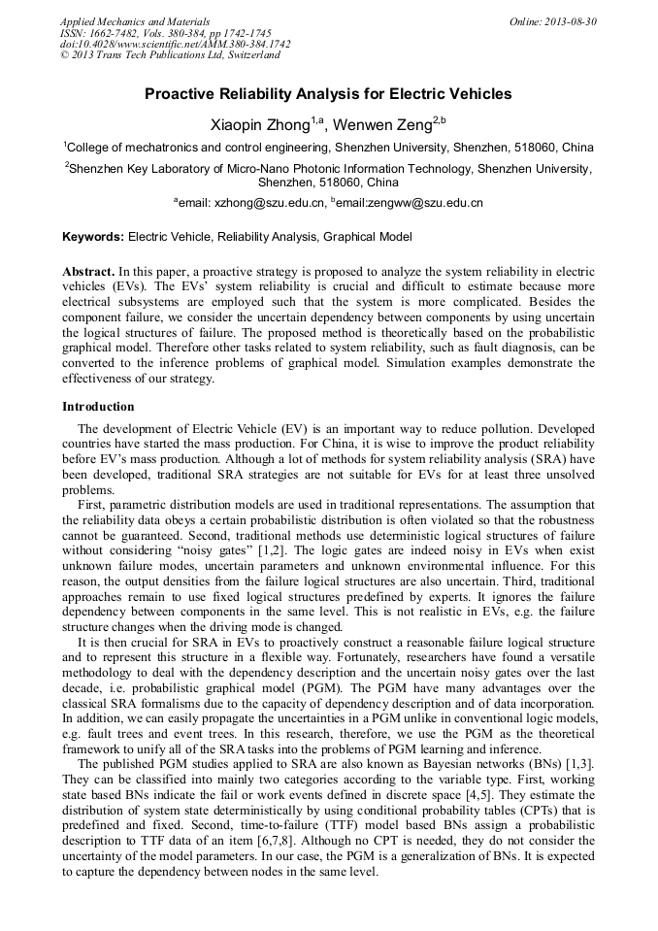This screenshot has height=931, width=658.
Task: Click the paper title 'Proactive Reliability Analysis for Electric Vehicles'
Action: point(328,94)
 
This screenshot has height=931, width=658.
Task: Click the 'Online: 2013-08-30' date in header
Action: point(552,20)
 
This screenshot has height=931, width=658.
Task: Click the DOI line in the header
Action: point(175,44)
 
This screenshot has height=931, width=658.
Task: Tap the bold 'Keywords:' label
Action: point(93,236)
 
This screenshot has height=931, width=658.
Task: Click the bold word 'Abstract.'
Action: point(89,271)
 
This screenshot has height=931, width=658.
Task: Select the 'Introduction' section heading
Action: point(98,406)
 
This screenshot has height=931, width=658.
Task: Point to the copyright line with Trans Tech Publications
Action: point(170,55)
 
